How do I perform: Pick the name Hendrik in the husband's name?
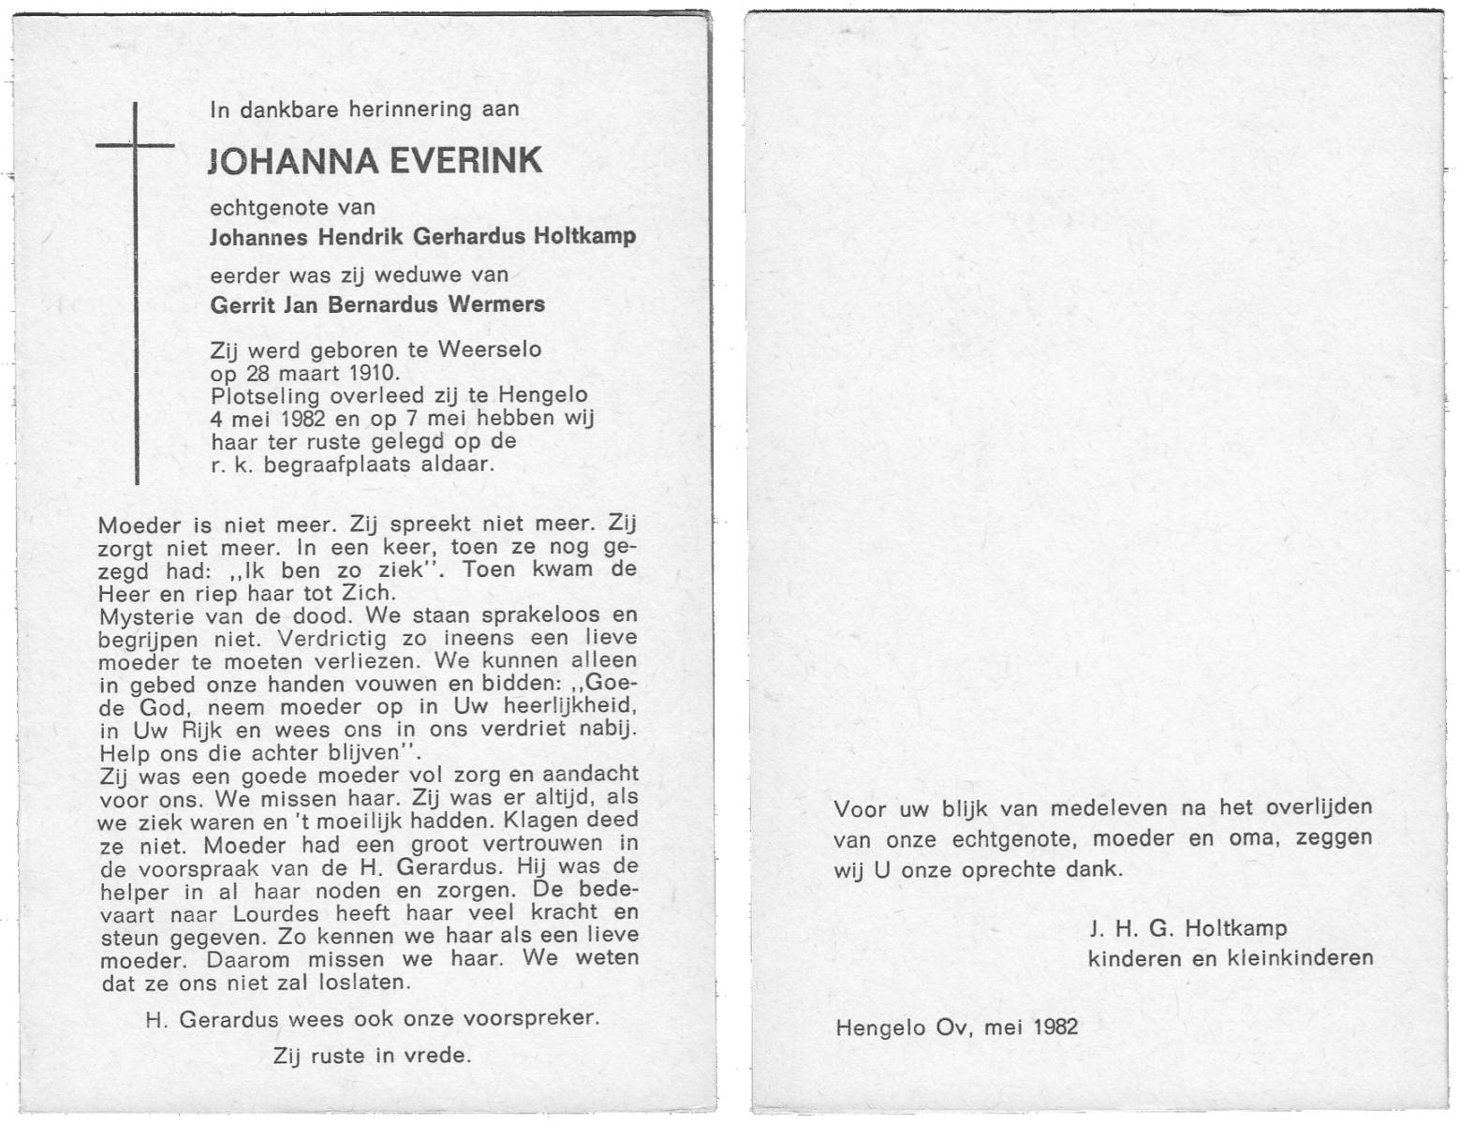[x=360, y=235]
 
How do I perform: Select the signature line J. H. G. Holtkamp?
[x=1188, y=928]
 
